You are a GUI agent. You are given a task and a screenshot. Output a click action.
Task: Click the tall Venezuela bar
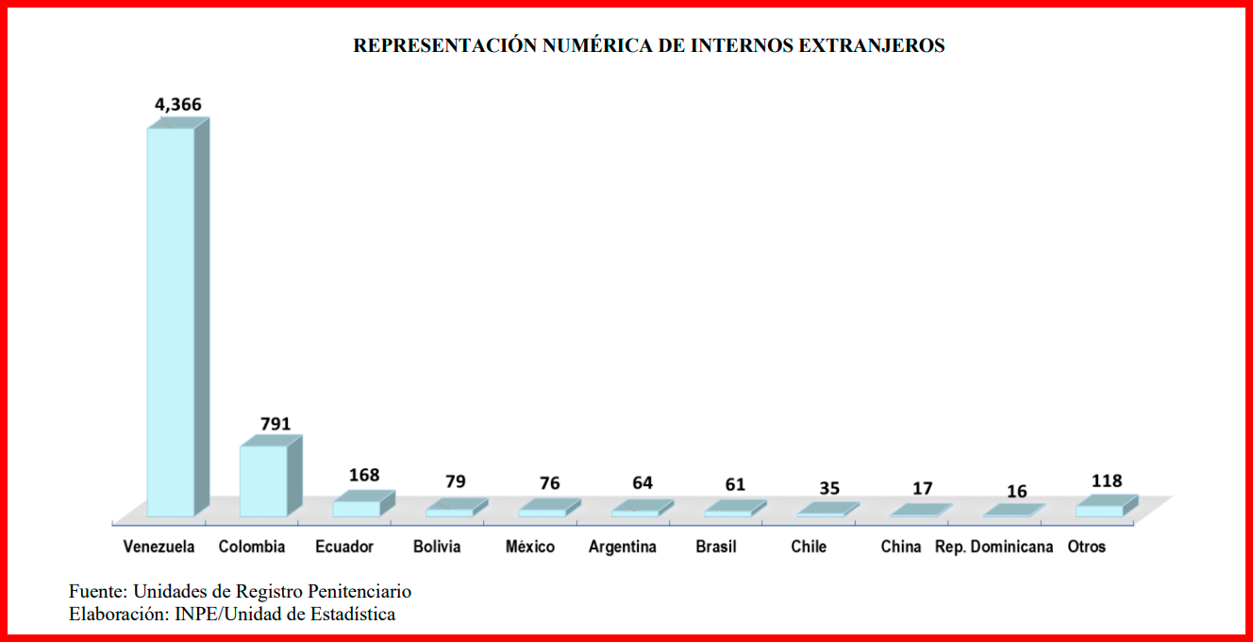coord(171,321)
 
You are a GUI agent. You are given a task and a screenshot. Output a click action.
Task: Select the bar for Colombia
coord(263,481)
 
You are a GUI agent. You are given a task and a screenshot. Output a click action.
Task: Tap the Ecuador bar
coord(357,508)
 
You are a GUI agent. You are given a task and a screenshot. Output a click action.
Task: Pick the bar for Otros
coord(1100,510)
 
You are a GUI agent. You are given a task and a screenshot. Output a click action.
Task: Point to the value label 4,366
coord(178,105)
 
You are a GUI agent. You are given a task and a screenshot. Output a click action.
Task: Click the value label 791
coord(276,424)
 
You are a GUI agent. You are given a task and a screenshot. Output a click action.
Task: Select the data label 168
coord(363,475)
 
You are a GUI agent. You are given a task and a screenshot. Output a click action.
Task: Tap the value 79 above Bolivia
coord(456,481)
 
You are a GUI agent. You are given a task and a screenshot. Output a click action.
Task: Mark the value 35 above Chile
coord(829,488)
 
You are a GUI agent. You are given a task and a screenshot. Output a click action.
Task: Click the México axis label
coord(530,547)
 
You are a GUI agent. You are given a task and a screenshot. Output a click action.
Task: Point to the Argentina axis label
coord(623,547)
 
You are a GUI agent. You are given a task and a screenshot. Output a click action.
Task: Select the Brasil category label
coord(716,547)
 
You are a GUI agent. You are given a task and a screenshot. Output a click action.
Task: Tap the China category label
coord(901,547)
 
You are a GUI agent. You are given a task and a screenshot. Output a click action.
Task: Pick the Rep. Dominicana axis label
coord(994,547)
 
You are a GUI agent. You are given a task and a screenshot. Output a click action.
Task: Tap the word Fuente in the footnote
coord(96,592)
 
